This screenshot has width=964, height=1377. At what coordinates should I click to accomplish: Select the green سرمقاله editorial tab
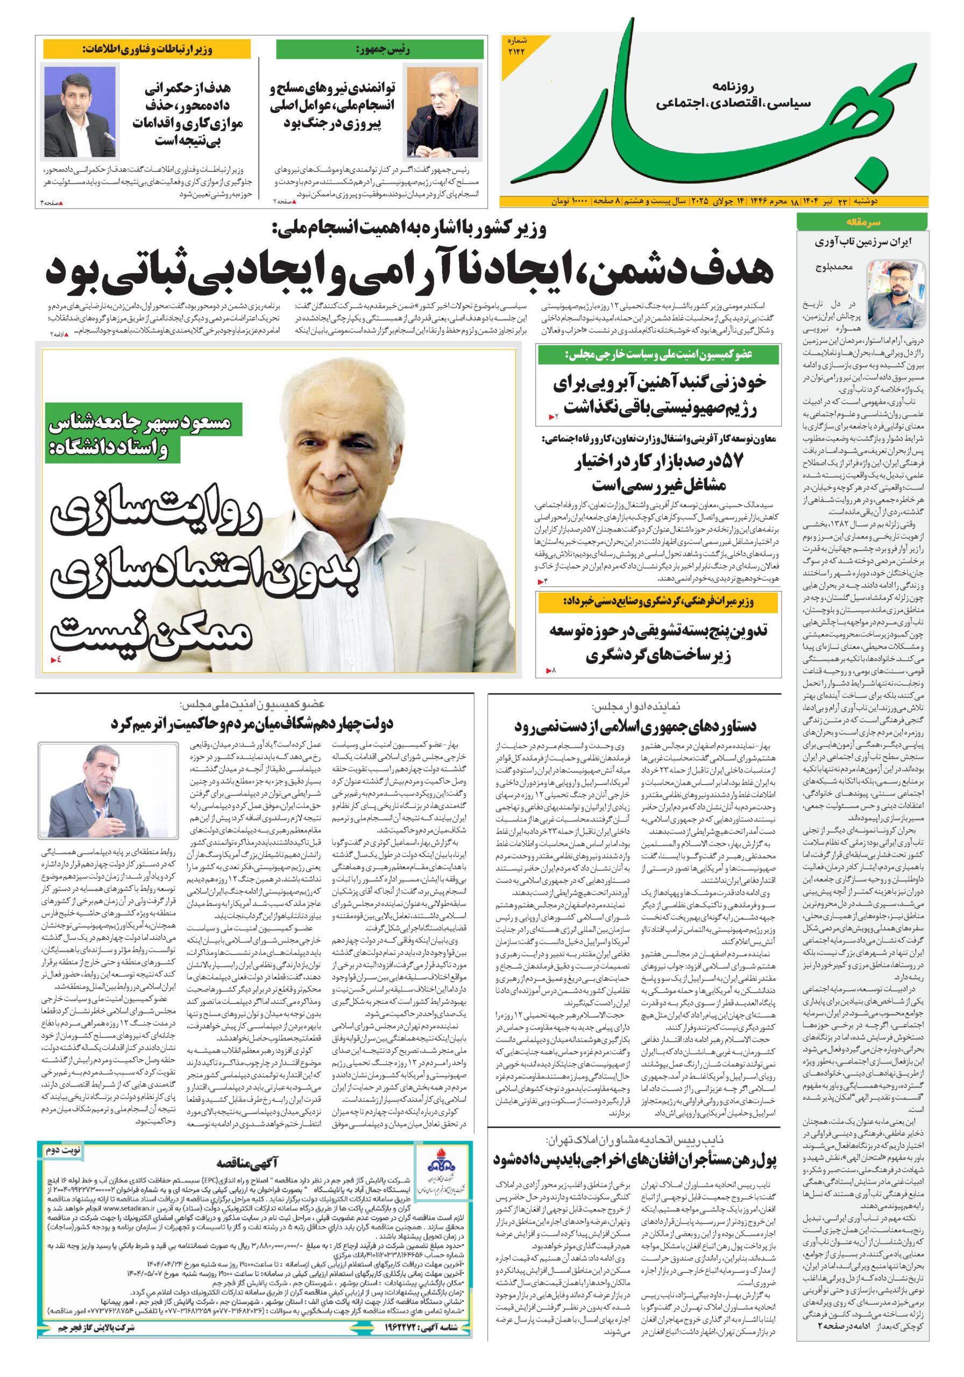pos(861,222)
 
